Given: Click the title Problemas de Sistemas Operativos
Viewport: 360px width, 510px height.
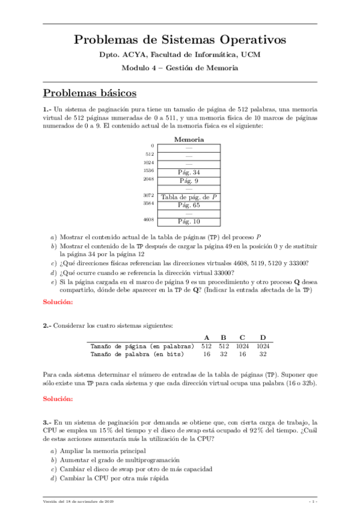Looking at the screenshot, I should coord(180,40).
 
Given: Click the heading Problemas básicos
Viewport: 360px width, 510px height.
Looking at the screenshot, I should coord(90,93).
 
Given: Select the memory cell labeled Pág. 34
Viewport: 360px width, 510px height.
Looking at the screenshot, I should coord(189,173).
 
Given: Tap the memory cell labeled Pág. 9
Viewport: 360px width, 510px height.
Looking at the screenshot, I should coord(189,181).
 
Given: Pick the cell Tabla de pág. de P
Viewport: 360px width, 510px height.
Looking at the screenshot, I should coord(189,197).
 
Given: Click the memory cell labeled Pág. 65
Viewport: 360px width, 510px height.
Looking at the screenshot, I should coord(189,205).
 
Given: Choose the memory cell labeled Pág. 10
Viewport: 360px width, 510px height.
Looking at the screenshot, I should coord(189,221).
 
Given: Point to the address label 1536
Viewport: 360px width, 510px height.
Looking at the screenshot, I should coord(149,171).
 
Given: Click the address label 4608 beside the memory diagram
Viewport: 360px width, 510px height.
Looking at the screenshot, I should coord(149,220).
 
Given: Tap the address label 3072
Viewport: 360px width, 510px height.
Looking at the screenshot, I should coord(149,195).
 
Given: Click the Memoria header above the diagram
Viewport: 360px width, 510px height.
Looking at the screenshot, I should coord(189,140).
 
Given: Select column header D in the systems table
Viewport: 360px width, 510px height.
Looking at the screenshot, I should coord(262,337).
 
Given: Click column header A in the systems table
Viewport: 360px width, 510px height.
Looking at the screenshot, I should coord(207,337).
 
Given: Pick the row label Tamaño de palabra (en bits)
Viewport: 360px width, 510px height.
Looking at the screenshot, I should coord(142,354).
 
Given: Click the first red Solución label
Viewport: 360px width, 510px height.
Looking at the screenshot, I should coord(58,301).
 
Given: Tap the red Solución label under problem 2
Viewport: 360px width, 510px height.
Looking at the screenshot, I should coord(58,399).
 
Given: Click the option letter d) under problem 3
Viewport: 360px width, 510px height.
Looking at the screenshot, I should coord(53,479).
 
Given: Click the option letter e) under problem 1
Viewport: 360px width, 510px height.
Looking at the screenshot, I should coord(53,281).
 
